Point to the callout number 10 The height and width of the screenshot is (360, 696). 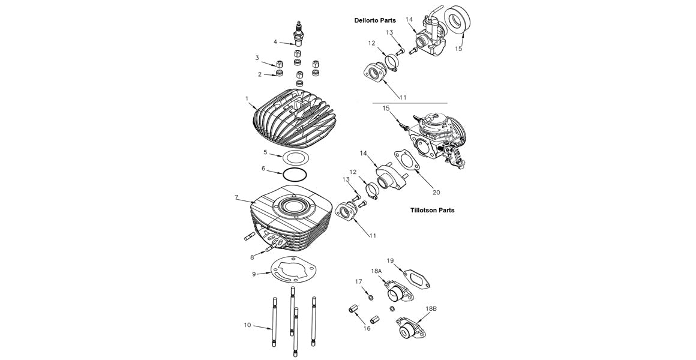point(247,325)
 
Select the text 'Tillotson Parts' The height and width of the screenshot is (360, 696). point(432,211)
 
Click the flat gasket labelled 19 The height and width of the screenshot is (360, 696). point(415,278)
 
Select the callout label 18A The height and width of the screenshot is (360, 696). point(376,271)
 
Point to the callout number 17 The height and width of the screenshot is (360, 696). point(358,281)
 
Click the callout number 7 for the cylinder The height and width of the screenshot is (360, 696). point(237,197)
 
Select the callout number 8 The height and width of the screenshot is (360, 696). point(252,257)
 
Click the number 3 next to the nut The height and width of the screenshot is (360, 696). point(257,58)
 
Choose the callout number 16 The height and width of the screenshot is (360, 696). point(367,329)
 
